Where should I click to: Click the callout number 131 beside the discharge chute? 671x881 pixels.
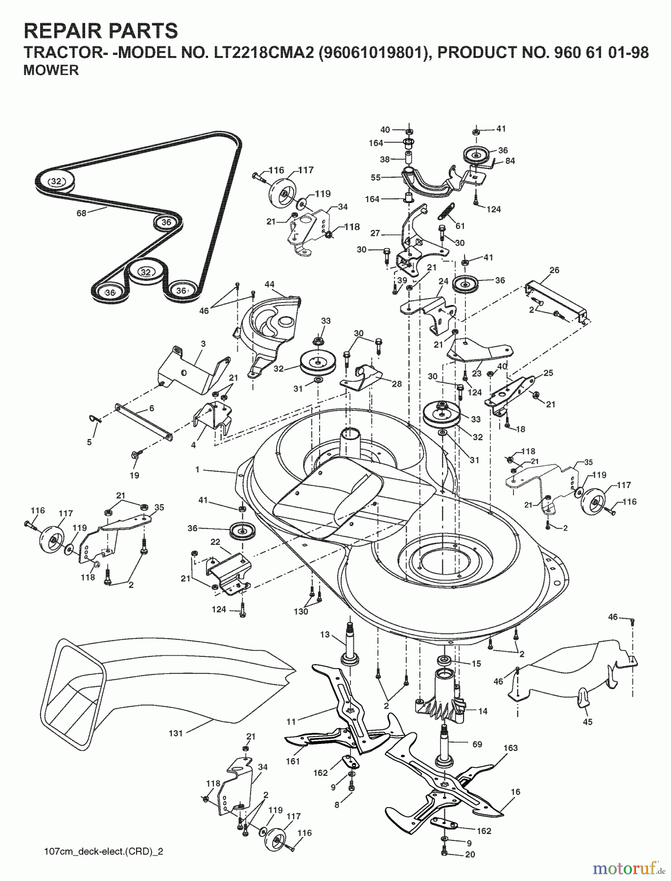tap(175, 733)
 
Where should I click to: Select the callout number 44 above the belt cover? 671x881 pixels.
tap(269, 284)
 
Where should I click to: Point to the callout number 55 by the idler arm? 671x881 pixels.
tap(375, 178)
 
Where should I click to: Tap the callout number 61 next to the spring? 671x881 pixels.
tap(460, 226)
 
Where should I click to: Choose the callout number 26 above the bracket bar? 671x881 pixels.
tap(554, 270)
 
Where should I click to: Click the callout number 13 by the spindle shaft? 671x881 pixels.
tap(325, 635)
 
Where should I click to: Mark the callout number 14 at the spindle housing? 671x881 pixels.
tap(483, 711)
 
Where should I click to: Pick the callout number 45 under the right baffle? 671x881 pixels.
tap(587, 722)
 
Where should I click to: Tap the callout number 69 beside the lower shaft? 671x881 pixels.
tap(477, 744)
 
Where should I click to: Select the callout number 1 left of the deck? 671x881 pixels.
tap(197, 469)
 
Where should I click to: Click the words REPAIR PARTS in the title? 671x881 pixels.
tap(101, 31)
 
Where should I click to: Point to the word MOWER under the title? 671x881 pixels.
tap(51, 70)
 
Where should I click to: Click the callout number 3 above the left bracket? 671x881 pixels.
tap(203, 344)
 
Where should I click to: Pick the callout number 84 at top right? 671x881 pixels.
tap(510, 161)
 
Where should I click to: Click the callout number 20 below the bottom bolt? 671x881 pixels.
tap(470, 855)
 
